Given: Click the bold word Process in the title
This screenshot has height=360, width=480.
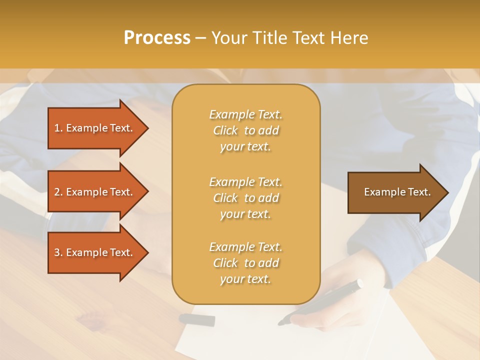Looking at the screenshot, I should tap(157, 38).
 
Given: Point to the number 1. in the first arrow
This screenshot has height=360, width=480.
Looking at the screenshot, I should tap(58, 128).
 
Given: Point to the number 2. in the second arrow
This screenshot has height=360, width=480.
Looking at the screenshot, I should tap(58, 192).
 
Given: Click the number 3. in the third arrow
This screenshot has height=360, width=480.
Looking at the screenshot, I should tap(58, 252).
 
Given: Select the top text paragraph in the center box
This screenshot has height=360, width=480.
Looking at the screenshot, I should tap(245, 130).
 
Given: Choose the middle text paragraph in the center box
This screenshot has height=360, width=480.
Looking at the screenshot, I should tap(245, 198).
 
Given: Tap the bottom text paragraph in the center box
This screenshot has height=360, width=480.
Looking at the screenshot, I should tap(245, 263).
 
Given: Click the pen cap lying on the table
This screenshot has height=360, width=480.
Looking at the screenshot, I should tap(197, 319).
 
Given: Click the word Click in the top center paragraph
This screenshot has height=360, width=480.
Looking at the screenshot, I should tap(225, 130).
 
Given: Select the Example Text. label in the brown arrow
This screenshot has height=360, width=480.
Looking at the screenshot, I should tap(397, 192).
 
